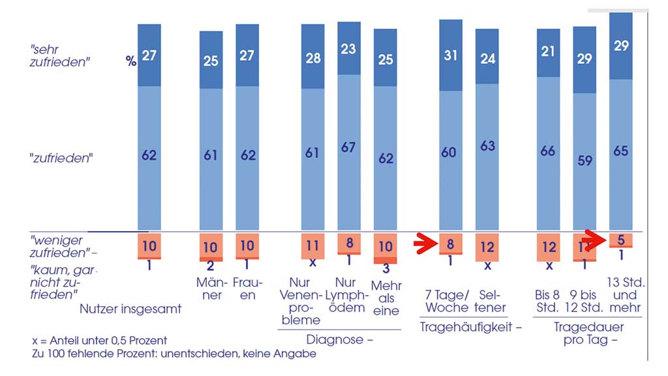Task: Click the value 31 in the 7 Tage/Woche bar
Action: pyautogui.click(x=451, y=56)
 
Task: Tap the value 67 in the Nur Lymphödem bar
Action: pyautogui.click(x=348, y=147)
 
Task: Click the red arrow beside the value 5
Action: pyautogui.click(x=596, y=237)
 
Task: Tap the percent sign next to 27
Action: pyautogui.click(x=130, y=61)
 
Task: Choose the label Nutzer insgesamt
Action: pyautogui.click(x=131, y=309)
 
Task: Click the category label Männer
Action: pyautogui.click(x=211, y=289)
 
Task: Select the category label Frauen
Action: pyautogui.click(x=247, y=289)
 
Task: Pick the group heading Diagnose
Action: pyautogui.click(x=339, y=339)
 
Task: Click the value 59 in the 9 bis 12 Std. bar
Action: pyautogui.click(x=584, y=159)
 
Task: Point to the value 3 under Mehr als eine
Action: pyautogui.click(x=386, y=268)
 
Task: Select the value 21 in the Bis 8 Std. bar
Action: pyautogui.click(x=548, y=52)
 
